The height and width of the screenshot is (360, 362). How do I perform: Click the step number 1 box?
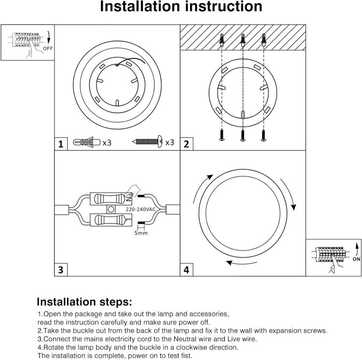tap(60, 144)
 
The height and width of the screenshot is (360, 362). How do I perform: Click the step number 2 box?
tap(186, 144)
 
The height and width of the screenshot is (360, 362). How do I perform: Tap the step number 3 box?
tap(60, 270)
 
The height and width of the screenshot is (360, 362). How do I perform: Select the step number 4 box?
tap(186, 270)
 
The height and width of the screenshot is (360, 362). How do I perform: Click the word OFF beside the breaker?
tap(49, 49)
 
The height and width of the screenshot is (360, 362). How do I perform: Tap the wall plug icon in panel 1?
tap(86, 143)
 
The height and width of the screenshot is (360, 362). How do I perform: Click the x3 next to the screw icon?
tap(169, 143)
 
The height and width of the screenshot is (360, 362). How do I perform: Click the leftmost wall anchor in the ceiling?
tap(221, 40)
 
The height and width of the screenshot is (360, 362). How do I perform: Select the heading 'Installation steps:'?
tap(84, 302)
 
